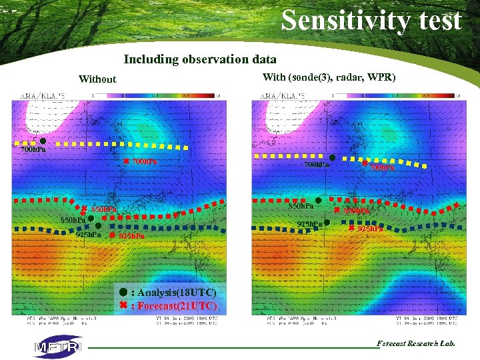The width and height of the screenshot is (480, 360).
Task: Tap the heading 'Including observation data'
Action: pos(200,59)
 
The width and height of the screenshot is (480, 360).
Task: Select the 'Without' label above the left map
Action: pos(97,79)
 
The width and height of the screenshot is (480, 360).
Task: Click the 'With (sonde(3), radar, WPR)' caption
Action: pos(329,77)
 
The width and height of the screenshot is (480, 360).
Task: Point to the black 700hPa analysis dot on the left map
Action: pos(42,141)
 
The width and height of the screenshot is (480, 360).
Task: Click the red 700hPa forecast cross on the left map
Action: pos(125,161)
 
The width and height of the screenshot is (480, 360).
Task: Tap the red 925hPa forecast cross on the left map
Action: pos(112,235)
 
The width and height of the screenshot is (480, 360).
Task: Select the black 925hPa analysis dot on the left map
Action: pos(98,226)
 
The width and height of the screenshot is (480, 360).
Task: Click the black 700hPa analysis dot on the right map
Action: pos(332,157)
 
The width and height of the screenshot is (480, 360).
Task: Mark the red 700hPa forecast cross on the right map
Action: pos(365,163)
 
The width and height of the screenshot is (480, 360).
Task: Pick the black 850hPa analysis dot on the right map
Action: pos(319,200)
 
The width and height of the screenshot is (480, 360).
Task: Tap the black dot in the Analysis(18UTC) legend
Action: pos(123,292)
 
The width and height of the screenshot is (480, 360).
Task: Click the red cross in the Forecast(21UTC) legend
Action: pos(123,305)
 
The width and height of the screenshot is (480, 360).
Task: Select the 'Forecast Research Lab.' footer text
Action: pos(416,343)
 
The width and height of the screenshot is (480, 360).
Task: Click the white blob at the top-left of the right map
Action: pos(291,117)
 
